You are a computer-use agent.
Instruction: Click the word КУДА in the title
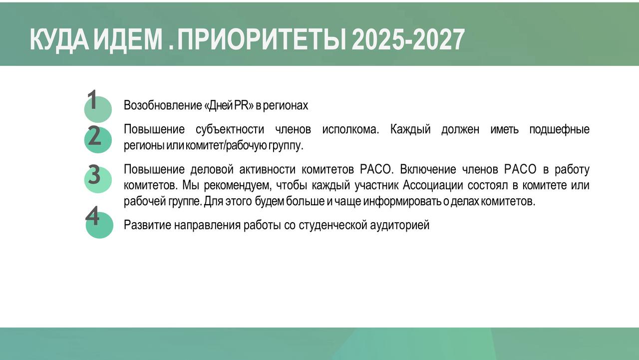tap(59, 40)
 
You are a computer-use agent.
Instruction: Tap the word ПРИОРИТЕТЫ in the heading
tap(262, 39)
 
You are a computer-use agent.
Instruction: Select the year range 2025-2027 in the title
tap(408, 39)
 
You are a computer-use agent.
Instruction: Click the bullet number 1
tap(92, 99)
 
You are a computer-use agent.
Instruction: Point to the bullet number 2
tap(94, 135)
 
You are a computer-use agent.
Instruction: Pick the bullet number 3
tap(94, 174)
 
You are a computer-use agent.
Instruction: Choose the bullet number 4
tap(92, 216)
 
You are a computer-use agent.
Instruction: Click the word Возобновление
tap(163, 105)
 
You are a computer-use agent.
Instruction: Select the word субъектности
tap(230, 130)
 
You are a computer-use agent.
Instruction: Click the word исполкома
tap(350, 129)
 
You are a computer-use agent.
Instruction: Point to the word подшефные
tap(560, 130)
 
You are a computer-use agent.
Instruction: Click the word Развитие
tap(147, 225)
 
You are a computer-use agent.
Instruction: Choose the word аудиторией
tap(400, 225)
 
